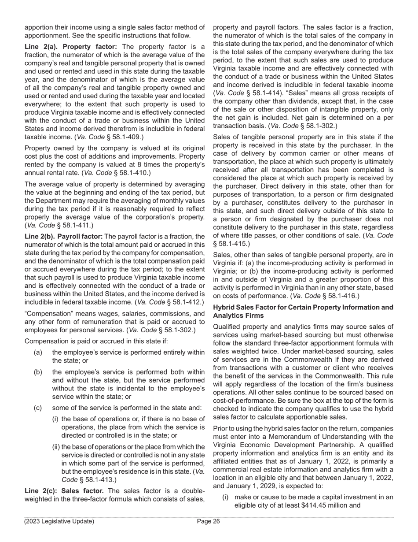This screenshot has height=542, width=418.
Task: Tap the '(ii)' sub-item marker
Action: [56, 447]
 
